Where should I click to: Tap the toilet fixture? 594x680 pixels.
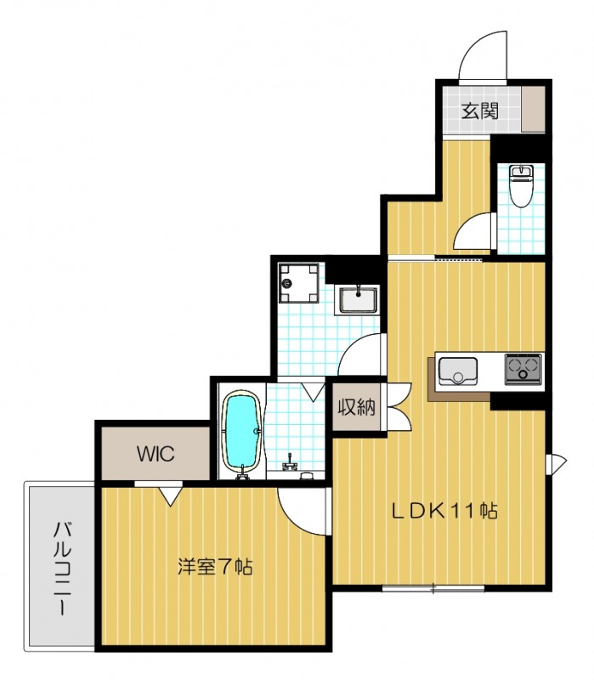521,185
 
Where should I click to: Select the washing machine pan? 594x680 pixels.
299,283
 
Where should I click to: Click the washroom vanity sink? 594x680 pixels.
358,299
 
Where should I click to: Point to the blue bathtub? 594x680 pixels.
241,432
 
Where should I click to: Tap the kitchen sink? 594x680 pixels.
458,371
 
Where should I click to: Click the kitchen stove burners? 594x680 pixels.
523,369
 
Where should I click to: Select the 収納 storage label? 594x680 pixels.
356,407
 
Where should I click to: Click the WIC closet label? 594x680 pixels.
156,454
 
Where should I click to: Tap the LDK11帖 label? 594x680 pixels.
444,511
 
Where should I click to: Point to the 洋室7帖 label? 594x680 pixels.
215,566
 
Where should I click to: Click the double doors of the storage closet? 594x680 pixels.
399,407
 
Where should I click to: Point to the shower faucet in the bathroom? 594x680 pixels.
289,464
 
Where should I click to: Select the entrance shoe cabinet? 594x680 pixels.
533,109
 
